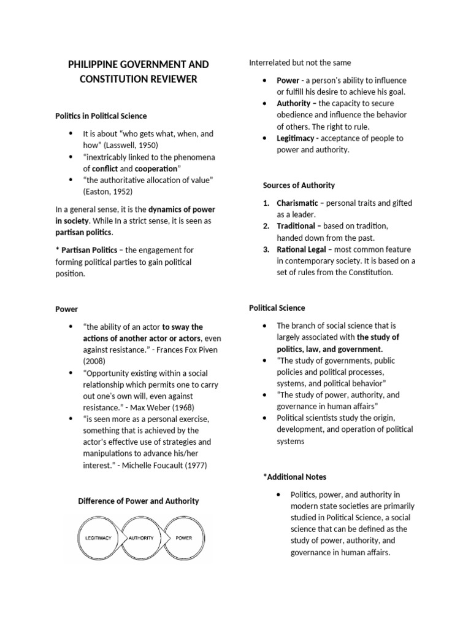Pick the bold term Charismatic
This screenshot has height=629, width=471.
pyautogui.click(x=297, y=203)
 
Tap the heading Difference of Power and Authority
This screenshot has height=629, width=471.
pyautogui.click(x=138, y=501)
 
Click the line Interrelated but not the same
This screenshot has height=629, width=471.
pyautogui.click(x=300, y=63)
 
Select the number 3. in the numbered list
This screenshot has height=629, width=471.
pyautogui.click(x=266, y=249)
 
